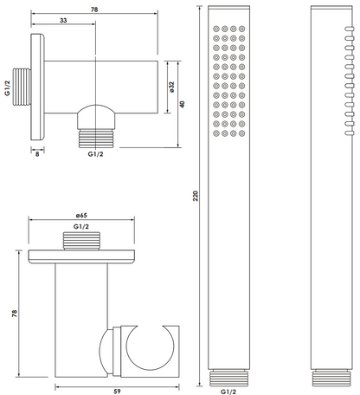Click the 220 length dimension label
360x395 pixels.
coord(196,196)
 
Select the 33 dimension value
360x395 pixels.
coord(63,20)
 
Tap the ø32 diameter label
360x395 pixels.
coord(172,87)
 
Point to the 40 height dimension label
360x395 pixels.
coord(182,104)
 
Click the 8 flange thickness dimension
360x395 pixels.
coord(37,154)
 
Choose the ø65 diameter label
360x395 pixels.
coord(81,216)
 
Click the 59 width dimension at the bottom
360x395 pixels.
coord(117,392)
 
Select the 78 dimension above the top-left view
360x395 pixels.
coord(94,10)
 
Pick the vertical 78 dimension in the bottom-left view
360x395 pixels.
coord(15,314)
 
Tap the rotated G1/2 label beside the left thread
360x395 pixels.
coord(8,88)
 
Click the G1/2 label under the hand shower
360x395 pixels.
coord(228,392)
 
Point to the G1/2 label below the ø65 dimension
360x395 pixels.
coord(81,227)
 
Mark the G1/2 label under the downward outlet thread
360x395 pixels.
coord(95,154)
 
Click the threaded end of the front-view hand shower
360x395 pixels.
coord(228,379)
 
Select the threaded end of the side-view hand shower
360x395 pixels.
coord(331,379)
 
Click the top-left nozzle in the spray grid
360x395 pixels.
coord(216,29)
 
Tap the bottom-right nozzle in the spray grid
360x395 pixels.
coord(242,133)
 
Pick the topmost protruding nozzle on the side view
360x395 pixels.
coord(349,29)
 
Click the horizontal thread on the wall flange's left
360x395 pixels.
coord(22,87)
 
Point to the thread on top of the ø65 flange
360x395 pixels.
coord(81,241)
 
